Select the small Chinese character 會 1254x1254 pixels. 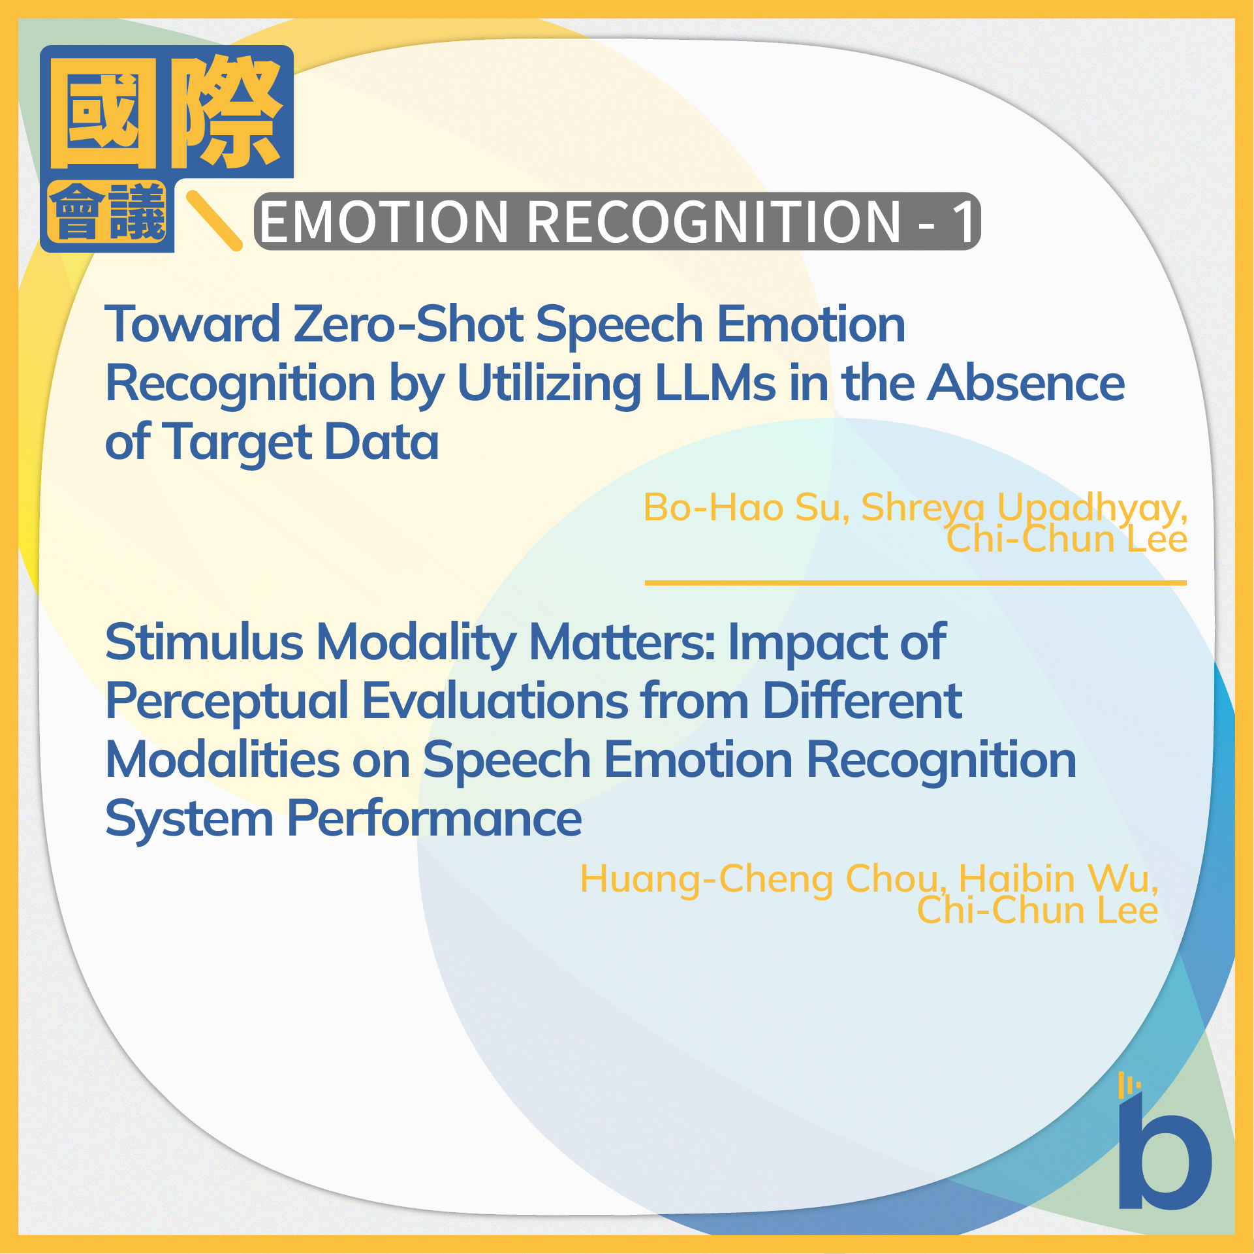click(78, 212)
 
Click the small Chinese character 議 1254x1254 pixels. click(137, 212)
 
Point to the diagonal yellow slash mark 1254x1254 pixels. click(214, 220)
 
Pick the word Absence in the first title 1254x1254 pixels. click(1026, 383)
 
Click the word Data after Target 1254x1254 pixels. click(382, 442)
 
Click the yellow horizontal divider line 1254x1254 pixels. click(915, 582)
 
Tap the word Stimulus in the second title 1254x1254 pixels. click(204, 642)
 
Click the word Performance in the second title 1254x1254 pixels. click(434, 819)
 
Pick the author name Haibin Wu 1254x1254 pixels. click(1058, 879)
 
